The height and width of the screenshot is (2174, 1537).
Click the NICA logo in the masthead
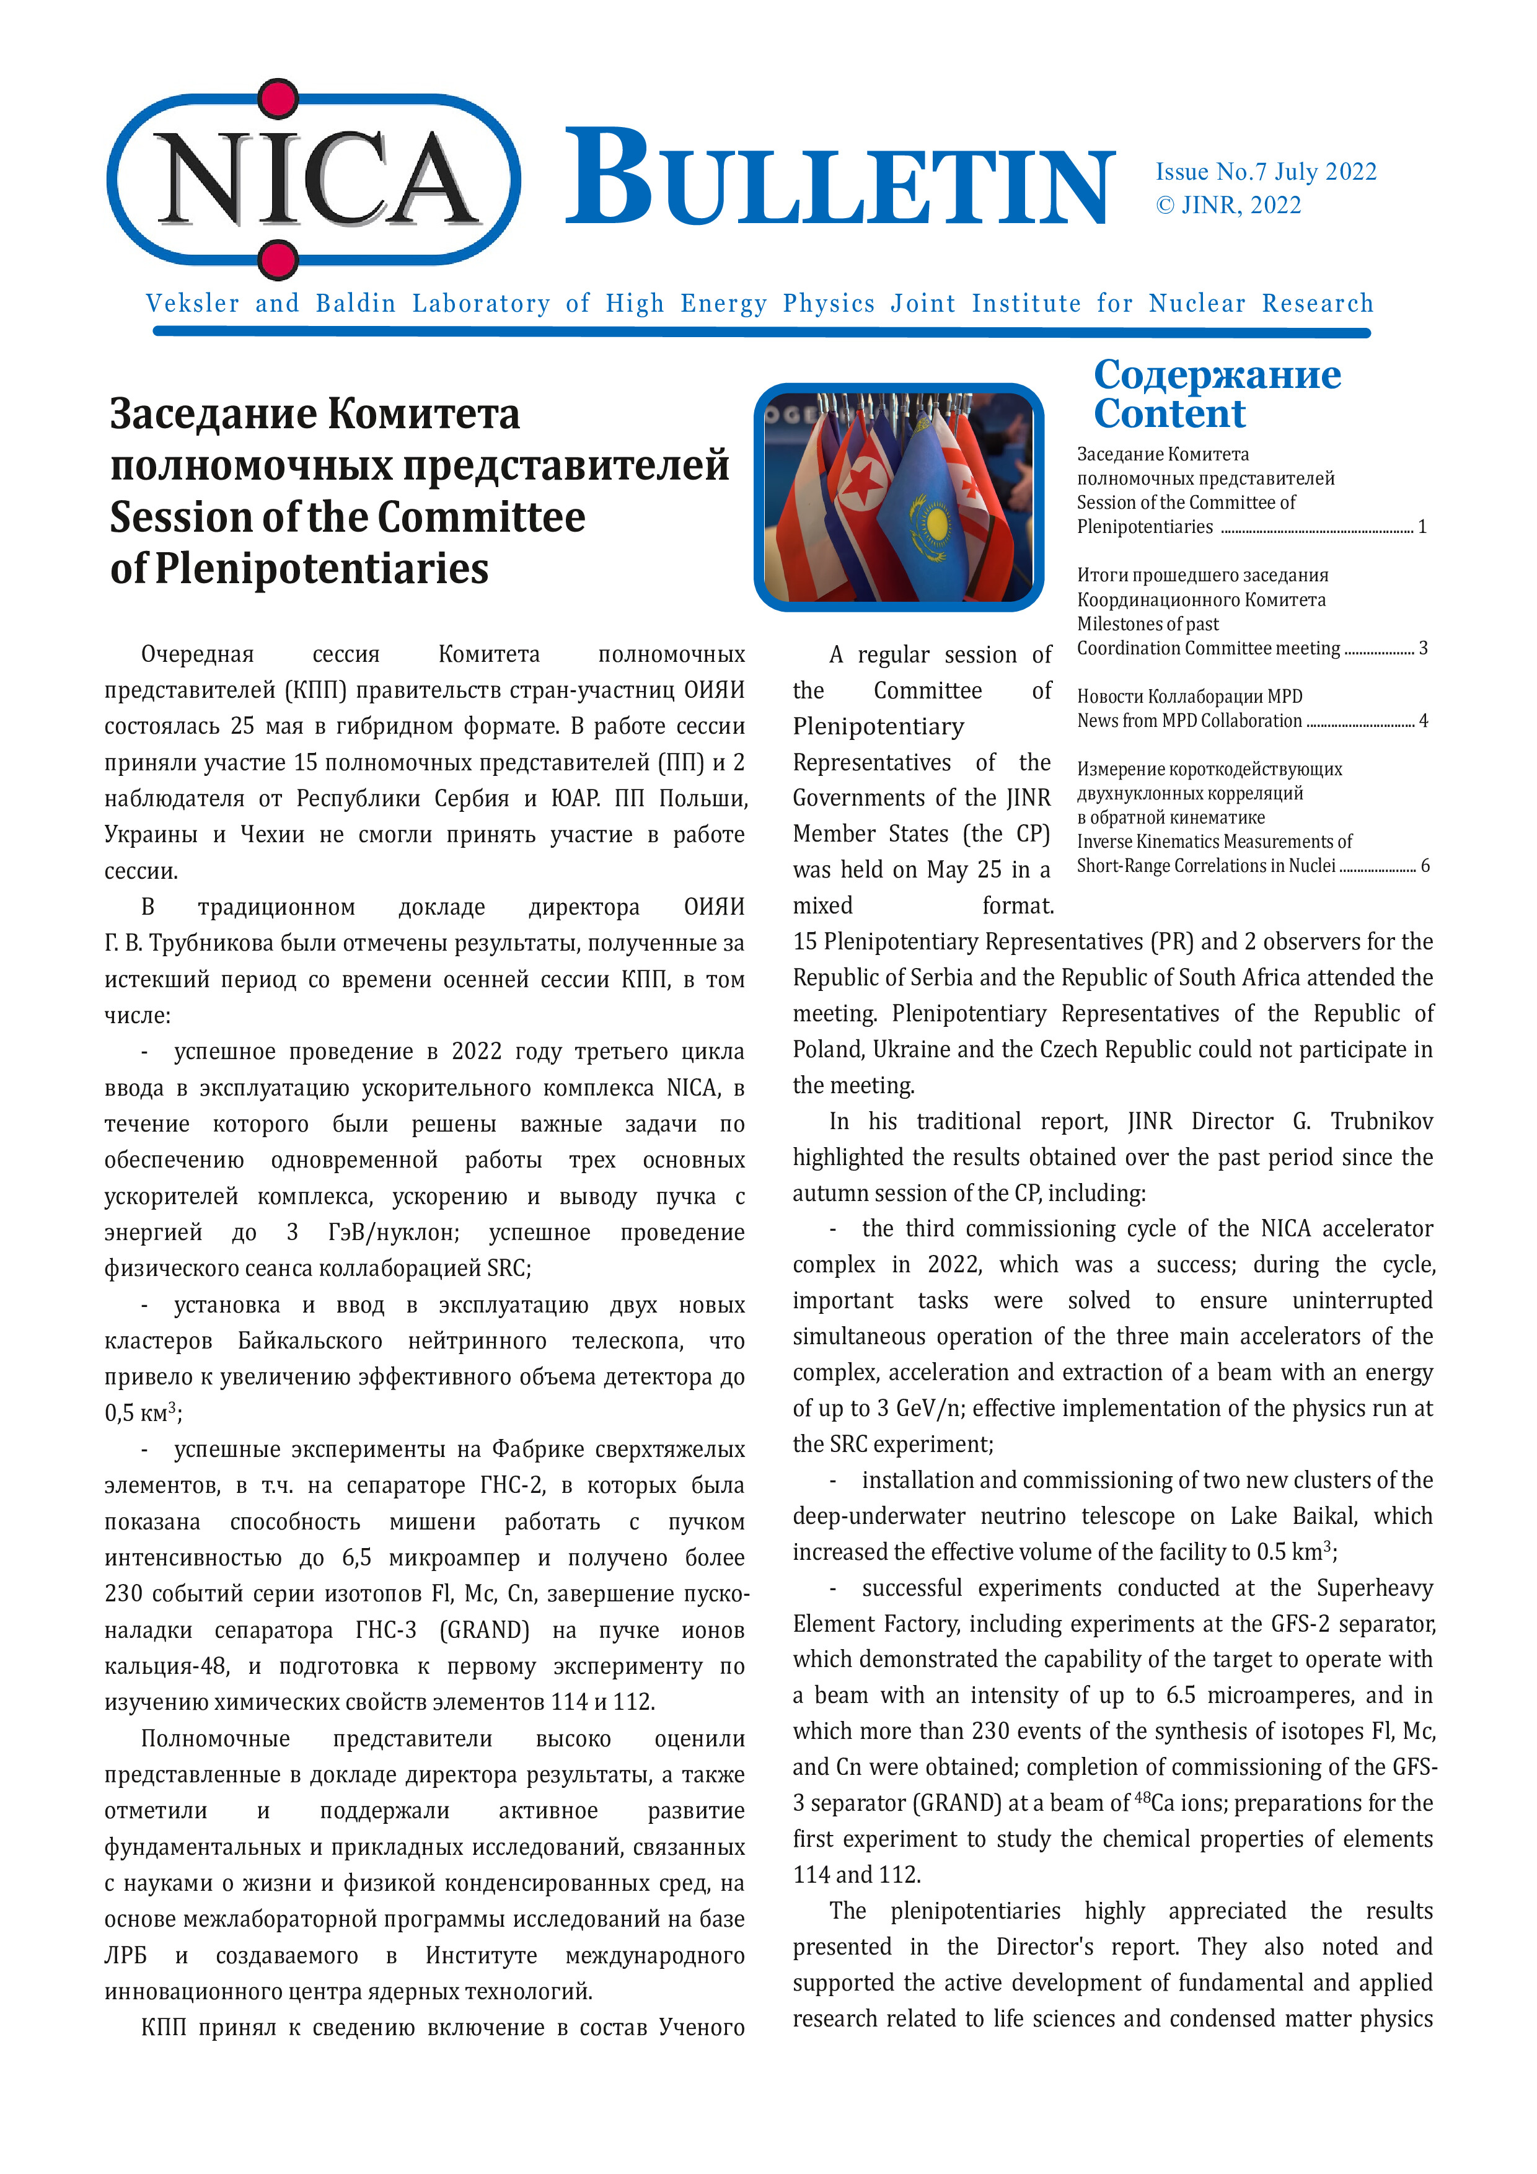tap(312, 180)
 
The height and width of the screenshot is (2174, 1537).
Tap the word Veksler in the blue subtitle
tap(192, 303)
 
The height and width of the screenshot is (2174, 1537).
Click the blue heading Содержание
tap(1217, 374)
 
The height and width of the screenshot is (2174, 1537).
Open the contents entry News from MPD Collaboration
tap(1189, 721)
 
